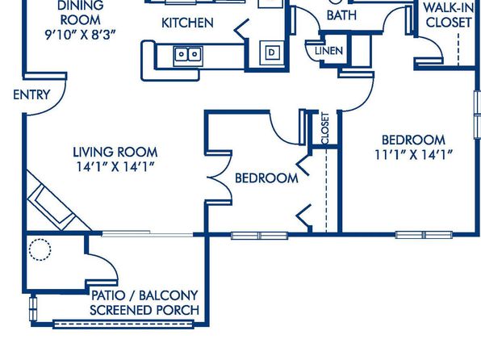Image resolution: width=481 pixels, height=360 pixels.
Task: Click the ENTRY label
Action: pos(31,94)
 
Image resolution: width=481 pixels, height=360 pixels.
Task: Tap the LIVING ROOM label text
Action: pos(115,153)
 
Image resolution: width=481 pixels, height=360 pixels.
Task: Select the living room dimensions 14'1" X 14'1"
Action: pos(115,166)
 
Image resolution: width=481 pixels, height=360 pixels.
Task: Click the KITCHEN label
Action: pos(187,23)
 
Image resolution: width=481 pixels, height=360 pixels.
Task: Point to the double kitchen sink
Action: pos(188,56)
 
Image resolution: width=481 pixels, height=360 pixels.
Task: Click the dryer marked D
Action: pos(272,52)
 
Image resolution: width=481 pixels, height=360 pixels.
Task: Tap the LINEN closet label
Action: pos(328,51)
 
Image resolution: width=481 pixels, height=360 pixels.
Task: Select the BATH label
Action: pos(341,15)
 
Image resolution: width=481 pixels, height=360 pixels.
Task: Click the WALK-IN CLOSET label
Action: pos(449,15)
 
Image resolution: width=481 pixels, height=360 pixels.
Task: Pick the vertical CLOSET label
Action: pos(325,128)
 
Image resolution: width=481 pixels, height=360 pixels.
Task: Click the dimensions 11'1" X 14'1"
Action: pos(413,155)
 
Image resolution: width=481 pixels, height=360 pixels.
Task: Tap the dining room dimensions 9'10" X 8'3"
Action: pos(81,35)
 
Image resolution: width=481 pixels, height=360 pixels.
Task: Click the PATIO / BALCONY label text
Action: pos(144,295)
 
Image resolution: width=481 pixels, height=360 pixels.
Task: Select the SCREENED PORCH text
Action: pos(144,310)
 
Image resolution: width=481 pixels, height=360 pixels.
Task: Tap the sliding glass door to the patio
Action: pos(147,234)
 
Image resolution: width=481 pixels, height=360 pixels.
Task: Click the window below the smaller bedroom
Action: pos(260,236)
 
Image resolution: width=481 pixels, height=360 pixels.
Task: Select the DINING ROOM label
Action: pos(81,13)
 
